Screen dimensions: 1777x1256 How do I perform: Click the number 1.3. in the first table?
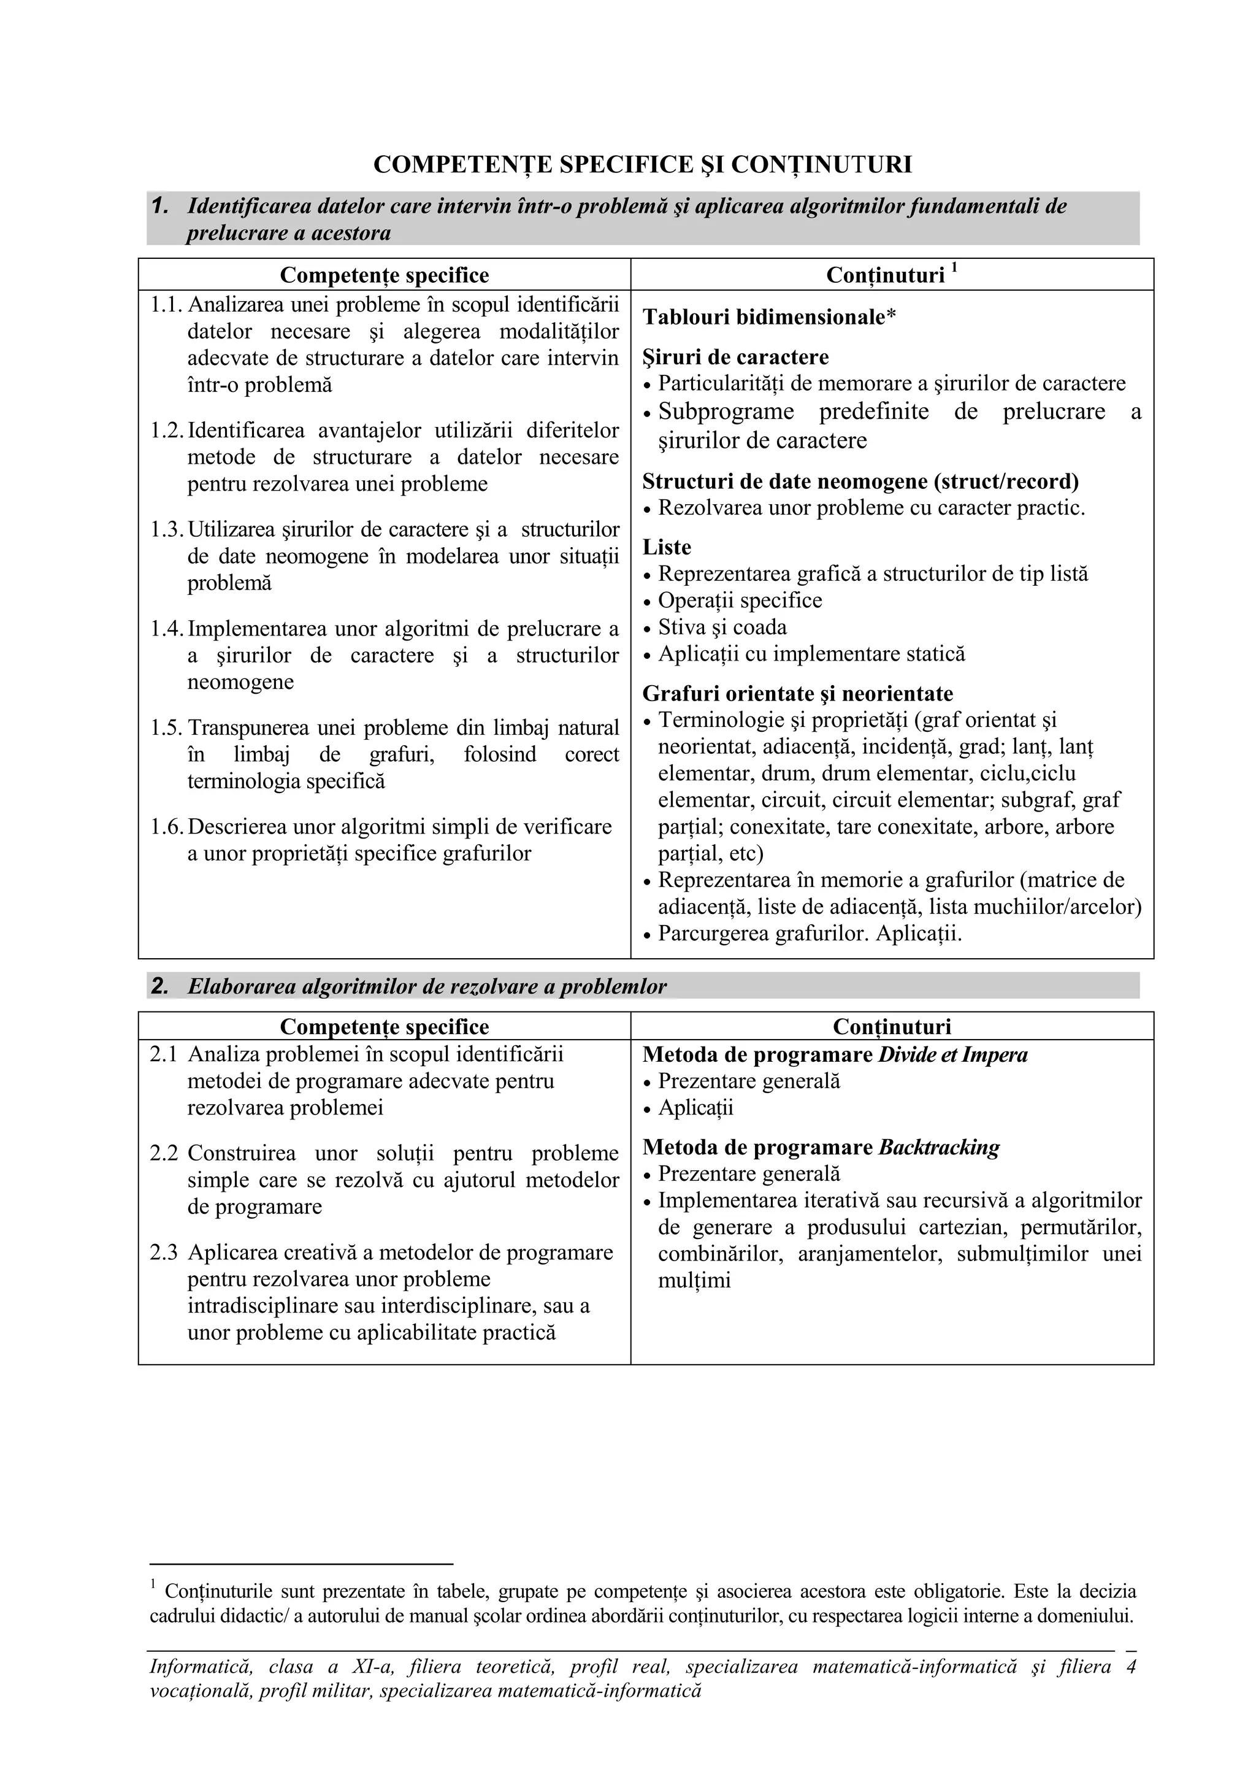coord(166,529)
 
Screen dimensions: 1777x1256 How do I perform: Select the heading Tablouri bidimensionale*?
coord(769,317)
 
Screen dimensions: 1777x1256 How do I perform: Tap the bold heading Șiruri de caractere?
coord(735,357)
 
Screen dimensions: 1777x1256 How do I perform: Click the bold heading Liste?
coord(666,547)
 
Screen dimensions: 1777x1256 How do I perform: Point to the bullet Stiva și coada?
coord(721,627)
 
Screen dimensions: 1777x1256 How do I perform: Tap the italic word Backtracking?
coord(940,1147)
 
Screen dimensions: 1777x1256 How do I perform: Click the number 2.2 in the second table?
coord(163,1153)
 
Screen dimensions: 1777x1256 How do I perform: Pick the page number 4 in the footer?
coord(1131,1667)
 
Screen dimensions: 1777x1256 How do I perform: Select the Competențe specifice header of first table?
coord(384,275)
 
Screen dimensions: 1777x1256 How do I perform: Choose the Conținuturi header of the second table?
coord(892,1027)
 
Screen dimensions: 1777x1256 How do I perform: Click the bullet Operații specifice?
coord(739,601)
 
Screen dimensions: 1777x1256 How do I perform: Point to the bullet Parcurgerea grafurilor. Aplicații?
coord(810,934)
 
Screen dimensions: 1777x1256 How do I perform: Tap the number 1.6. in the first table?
coord(166,827)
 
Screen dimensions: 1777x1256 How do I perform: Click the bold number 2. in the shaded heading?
coord(159,986)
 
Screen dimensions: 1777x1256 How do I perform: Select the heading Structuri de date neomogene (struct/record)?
coord(860,482)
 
